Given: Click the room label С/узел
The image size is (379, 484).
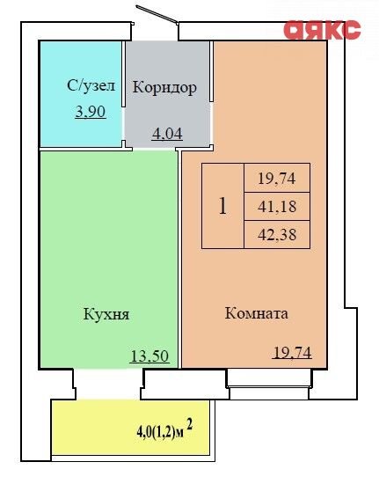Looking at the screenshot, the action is (91, 85).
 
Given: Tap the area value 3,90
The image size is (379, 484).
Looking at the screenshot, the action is (91, 112).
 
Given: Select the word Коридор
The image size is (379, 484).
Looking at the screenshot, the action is (164, 87).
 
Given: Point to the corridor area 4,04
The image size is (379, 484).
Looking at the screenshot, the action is (167, 134).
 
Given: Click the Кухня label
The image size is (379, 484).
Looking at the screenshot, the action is (106, 314).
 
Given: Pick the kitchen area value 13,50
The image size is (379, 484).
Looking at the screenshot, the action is (149, 356).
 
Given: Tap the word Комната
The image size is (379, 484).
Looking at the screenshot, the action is (256, 313).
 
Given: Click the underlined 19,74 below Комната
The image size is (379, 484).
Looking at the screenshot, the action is (292, 353).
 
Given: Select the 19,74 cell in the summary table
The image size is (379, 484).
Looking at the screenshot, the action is (277, 178).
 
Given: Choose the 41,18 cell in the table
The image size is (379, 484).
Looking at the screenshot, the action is (277, 207).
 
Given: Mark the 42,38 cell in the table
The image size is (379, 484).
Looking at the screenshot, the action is (277, 235).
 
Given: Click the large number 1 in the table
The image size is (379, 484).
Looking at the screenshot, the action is (222, 206).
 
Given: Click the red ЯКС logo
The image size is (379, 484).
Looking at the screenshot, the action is (322, 30).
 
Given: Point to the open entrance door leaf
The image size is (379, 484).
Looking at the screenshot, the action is (157, 14).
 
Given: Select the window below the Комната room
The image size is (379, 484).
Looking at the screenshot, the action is (268, 385).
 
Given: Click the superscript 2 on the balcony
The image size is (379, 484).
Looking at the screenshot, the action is (190, 425).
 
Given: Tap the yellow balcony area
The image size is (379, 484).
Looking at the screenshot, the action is (131, 428).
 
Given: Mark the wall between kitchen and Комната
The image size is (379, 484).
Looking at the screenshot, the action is (179, 260).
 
